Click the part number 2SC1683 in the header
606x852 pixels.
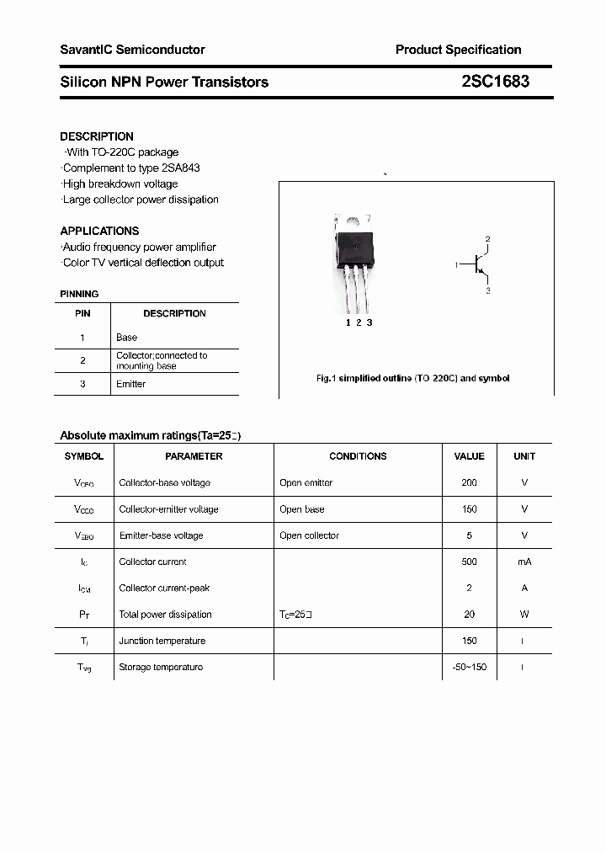click(x=495, y=82)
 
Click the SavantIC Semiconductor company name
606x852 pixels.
click(x=132, y=50)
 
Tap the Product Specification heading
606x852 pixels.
click(x=458, y=50)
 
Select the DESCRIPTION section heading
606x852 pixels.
click(x=97, y=136)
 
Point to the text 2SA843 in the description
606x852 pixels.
click(x=182, y=168)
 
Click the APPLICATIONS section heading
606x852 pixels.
click(x=99, y=231)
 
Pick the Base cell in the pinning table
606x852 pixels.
click(x=126, y=337)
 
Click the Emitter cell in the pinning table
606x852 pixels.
click(x=130, y=384)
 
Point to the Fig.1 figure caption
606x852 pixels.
click(x=412, y=378)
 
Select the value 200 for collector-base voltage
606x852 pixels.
click(x=469, y=482)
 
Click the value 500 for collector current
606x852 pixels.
click(x=469, y=562)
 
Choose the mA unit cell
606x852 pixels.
click(x=524, y=562)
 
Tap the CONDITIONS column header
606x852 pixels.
click(x=358, y=456)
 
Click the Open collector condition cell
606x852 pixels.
click(x=309, y=535)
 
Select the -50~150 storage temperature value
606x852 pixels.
click(x=469, y=667)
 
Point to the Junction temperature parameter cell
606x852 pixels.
click(x=162, y=641)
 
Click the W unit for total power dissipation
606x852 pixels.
click(x=524, y=615)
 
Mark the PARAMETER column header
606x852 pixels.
click(x=194, y=456)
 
